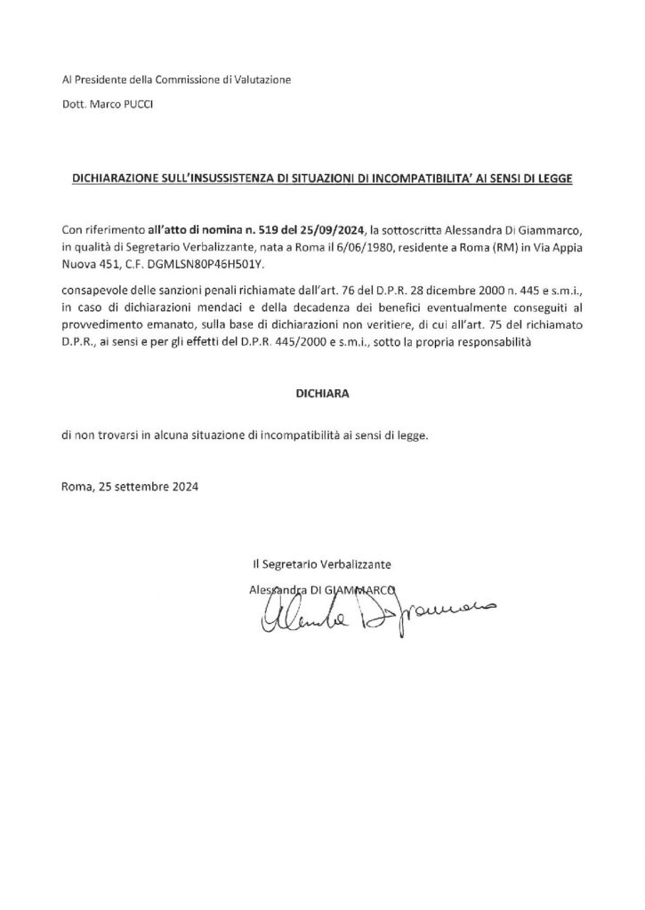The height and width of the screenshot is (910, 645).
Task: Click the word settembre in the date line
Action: click(141, 487)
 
